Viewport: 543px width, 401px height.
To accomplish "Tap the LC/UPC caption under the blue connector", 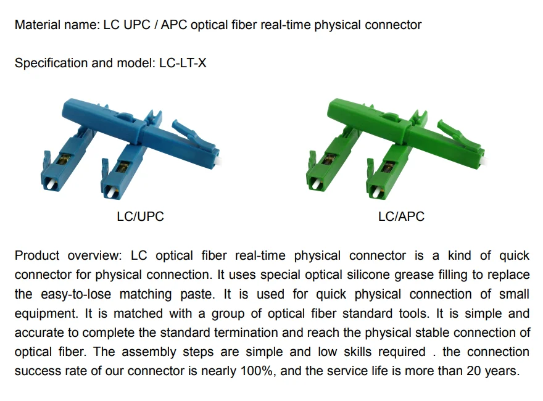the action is [x=140, y=217].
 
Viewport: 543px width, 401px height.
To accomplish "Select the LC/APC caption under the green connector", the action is [x=401, y=217].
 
